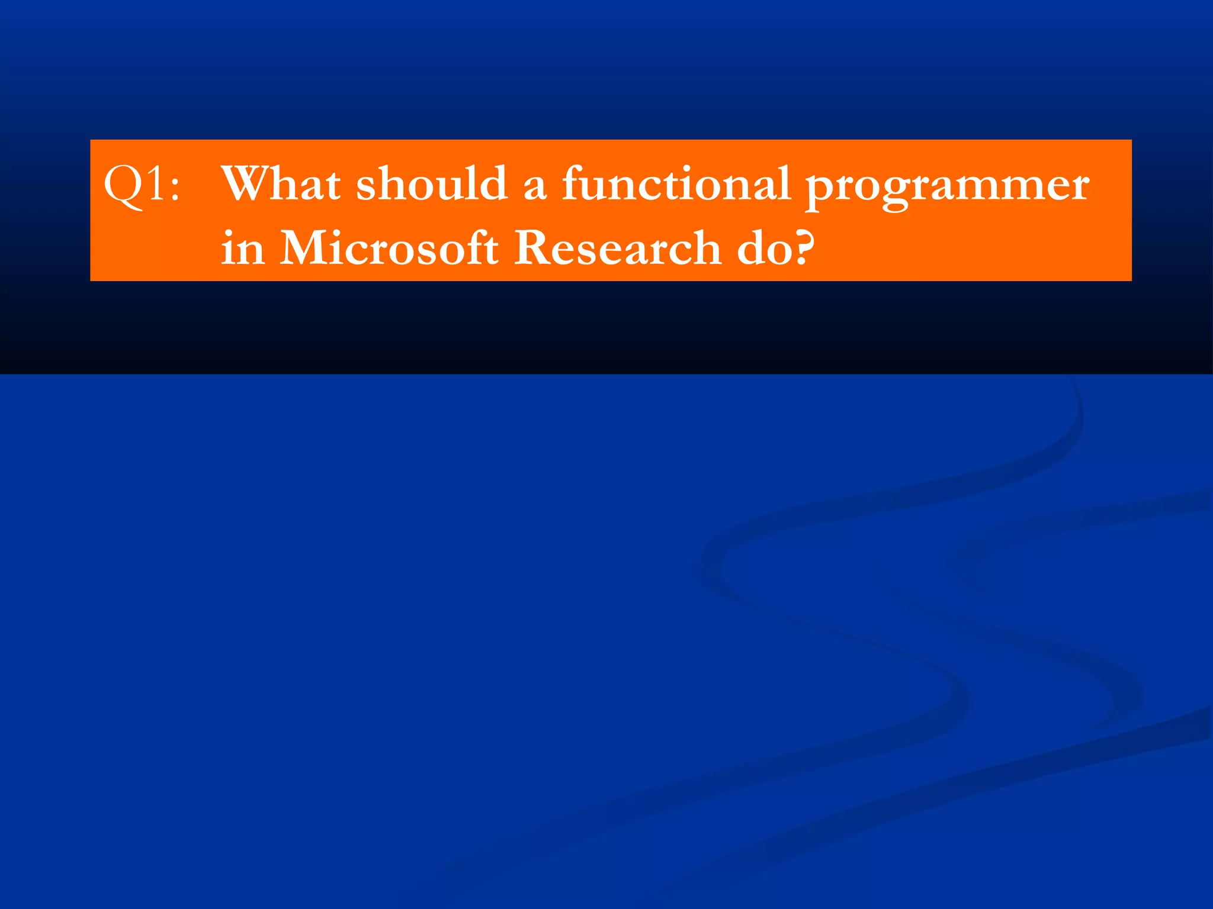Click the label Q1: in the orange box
141,185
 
